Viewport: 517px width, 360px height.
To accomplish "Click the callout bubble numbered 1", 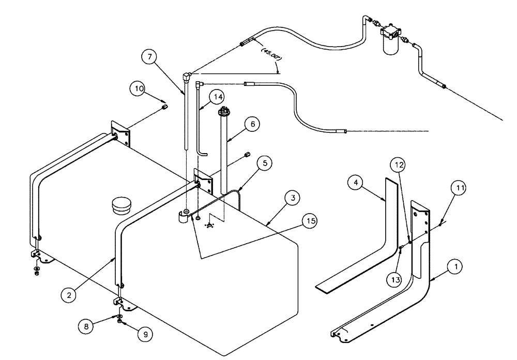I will pyautogui.click(x=455, y=267).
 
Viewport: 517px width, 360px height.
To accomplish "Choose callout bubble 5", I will pyautogui.click(x=265, y=163).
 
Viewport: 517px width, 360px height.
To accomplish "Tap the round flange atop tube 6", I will pyautogui.click(x=223, y=111).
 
